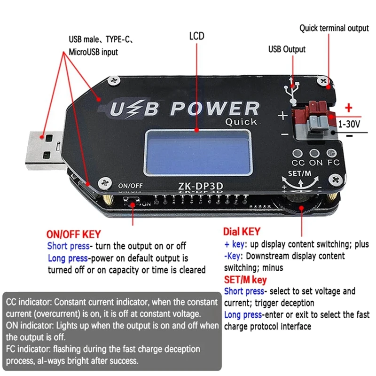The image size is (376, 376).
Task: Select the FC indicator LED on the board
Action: click(x=332, y=154)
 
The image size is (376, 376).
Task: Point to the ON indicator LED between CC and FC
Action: click(x=315, y=154)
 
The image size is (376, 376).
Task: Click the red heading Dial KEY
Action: click(x=241, y=232)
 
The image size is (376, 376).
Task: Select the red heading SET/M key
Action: click(x=245, y=280)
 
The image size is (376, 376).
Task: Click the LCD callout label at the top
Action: click(x=196, y=36)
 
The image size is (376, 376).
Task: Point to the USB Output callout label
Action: click(x=287, y=49)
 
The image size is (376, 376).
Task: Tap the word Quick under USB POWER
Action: click(x=241, y=122)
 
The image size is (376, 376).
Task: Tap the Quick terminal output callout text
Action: click(x=334, y=28)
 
